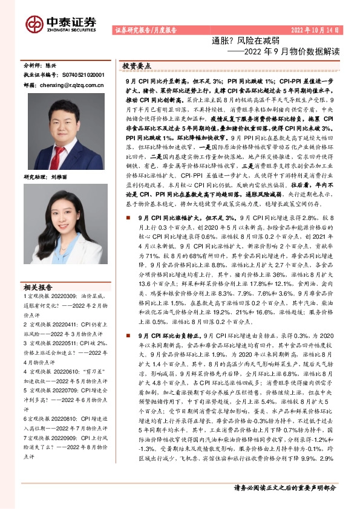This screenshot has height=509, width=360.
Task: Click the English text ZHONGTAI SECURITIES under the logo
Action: click(72, 28)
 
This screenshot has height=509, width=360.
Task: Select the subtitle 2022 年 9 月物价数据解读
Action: click(282, 51)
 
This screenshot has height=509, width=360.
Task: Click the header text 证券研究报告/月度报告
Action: click(145, 30)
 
